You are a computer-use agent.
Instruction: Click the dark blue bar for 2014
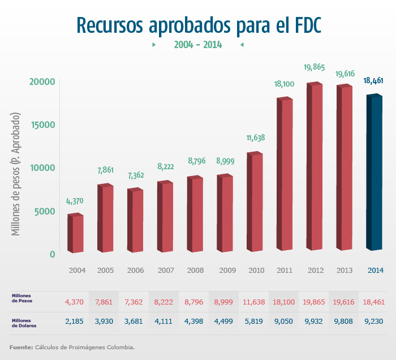click(375, 173)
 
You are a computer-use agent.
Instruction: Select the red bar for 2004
click(76, 233)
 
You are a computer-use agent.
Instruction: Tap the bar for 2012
click(315, 167)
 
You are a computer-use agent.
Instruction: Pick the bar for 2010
click(255, 203)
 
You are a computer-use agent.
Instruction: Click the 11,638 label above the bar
click(255, 138)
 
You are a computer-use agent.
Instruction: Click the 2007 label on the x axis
click(165, 271)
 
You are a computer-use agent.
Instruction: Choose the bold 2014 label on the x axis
click(375, 271)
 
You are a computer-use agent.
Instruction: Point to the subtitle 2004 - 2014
click(198, 45)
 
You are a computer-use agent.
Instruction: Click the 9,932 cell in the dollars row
click(316, 322)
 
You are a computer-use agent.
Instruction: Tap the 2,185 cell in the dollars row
click(75, 322)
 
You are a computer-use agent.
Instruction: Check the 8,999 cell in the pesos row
click(225, 302)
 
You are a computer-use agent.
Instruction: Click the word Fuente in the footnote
click(21, 346)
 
